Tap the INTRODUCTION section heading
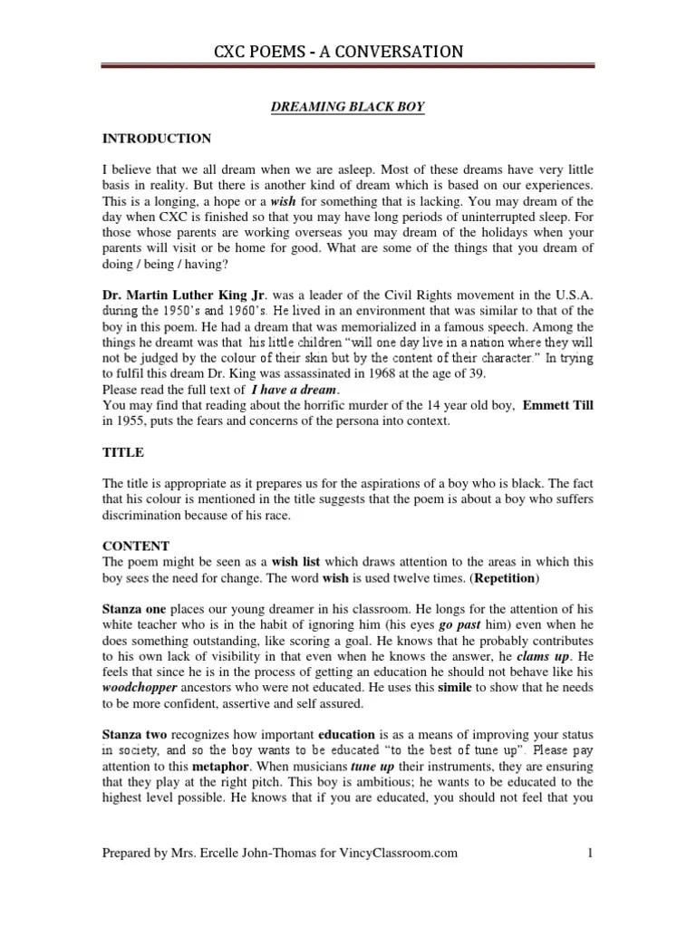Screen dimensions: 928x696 (x=157, y=139)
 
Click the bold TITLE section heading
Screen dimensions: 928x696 (x=122, y=452)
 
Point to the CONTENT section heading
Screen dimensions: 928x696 (x=135, y=546)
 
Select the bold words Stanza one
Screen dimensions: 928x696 (x=134, y=608)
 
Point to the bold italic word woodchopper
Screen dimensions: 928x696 (x=141, y=686)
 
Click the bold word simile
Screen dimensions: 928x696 (x=438, y=686)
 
